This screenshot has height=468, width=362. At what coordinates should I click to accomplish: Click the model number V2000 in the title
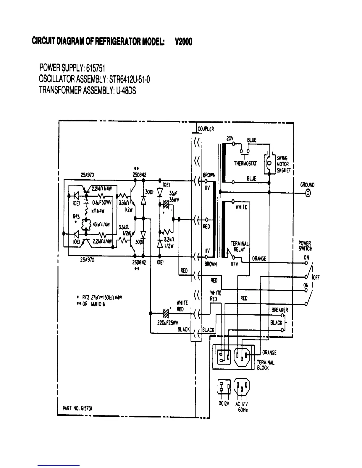[x=183, y=42]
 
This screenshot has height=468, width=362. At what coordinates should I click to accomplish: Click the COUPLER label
[x=206, y=129]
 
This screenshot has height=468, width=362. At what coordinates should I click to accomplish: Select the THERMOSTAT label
[x=245, y=163]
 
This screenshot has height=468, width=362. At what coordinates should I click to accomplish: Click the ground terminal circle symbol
[x=308, y=193]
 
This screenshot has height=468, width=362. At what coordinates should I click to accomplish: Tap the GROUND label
[x=307, y=185]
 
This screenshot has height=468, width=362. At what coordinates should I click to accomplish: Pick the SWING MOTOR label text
[x=282, y=164]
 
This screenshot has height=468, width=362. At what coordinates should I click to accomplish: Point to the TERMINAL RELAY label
[x=240, y=246]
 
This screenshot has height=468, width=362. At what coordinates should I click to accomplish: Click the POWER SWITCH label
[x=305, y=246]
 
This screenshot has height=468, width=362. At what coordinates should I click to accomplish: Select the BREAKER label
[x=279, y=310]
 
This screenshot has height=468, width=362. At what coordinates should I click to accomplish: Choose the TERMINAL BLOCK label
[x=265, y=365]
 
